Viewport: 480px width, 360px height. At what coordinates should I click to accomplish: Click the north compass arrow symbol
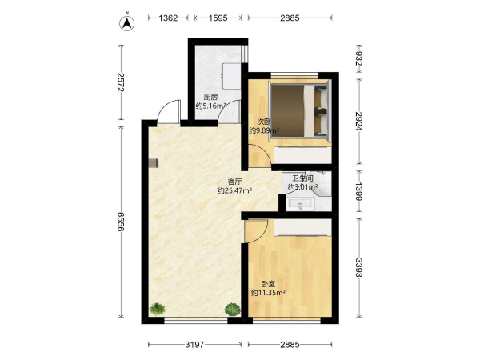[x=126, y=22]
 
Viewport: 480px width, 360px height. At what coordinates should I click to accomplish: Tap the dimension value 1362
[x=168, y=18]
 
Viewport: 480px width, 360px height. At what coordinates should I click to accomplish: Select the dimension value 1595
[x=218, y=18]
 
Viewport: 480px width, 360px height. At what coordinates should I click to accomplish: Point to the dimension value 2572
[x=121, y=82]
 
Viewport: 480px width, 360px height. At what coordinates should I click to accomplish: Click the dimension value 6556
[x=121, y=222]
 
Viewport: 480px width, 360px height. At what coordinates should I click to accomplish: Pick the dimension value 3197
[x=194, y=345]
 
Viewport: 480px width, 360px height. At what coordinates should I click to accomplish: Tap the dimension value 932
[x=358, y=58]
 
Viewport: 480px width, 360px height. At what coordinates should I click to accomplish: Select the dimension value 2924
[x=358, y=121]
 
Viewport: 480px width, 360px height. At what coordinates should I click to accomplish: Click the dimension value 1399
[x=358, y=191]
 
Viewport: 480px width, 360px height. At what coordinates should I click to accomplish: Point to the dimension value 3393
[x=358, y=267]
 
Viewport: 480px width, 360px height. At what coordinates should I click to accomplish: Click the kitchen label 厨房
[x=210, y=97]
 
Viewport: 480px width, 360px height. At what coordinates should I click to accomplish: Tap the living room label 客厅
[x=234, y=182]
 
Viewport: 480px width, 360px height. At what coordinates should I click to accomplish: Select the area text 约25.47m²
[x=234, y=190]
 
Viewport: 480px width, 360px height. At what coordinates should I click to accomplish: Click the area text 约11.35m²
[x=268, y=293]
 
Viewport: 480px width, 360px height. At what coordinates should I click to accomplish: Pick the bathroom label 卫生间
[x=302, y=178]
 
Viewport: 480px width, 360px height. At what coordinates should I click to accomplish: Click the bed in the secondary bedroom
[x=299, y=110]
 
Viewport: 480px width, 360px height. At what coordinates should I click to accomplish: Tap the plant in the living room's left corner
[x=158, y=309]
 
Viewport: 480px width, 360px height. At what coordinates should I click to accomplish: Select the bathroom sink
[x=300, y=204]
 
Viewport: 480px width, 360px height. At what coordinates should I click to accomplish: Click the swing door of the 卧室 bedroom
[x=256, y=231]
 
